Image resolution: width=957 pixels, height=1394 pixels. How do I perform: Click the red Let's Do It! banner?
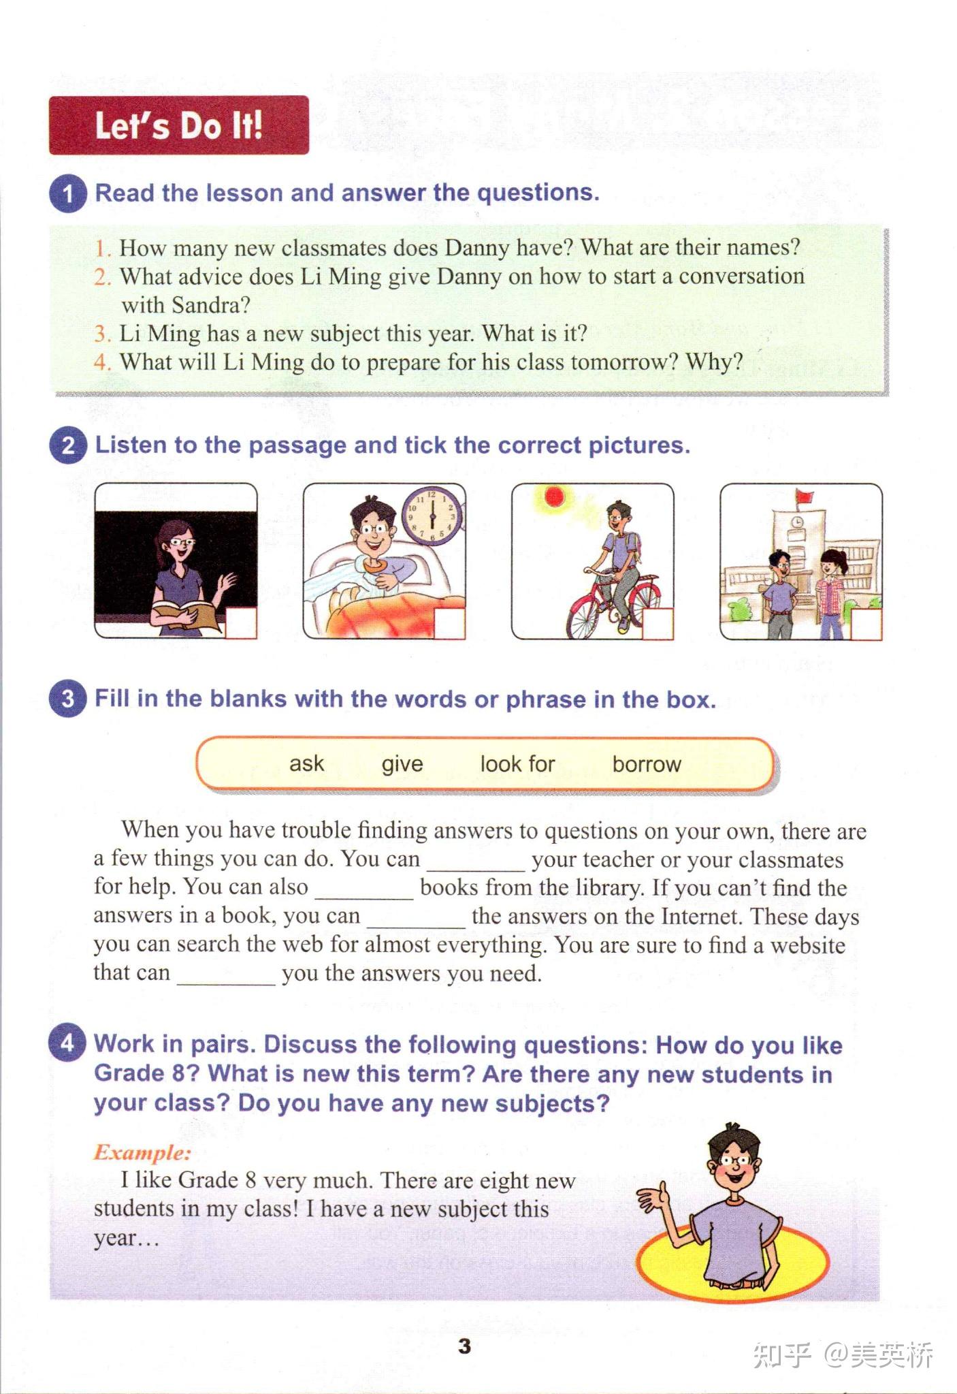coord(178,125)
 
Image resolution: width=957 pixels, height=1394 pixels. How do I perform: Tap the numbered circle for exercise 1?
coord(67,193)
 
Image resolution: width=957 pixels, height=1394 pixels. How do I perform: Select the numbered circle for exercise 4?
coord(67,1042)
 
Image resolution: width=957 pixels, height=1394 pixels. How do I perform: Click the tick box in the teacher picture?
coord(241,623)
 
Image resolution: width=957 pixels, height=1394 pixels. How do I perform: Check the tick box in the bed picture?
coord(449,623)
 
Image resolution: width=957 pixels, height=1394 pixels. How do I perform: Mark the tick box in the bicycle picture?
coord(658,623)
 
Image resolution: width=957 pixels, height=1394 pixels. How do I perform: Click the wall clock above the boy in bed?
coord(432,516)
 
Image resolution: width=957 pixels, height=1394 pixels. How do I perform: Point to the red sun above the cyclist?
coord(555,496)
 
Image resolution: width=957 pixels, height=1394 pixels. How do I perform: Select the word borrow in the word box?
coord(647,764)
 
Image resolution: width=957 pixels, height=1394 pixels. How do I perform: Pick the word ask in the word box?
coord(307,764)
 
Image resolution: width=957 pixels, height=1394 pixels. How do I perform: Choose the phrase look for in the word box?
coord(518,764)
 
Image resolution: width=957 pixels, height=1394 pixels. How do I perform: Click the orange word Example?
coord(142,1152)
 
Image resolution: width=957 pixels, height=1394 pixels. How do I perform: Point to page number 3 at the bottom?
coord(465,1346)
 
